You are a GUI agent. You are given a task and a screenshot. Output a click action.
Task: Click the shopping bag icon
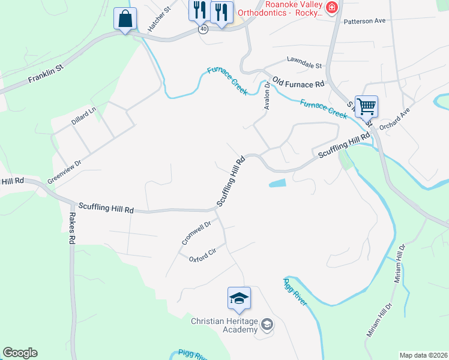pos(125,19)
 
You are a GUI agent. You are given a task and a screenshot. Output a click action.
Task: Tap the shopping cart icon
pos(366,107)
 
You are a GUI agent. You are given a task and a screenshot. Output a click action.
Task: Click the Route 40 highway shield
pos(203,29)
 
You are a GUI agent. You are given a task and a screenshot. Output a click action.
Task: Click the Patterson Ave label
pos(364,21)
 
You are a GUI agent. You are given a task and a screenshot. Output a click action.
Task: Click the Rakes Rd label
pos(71,229)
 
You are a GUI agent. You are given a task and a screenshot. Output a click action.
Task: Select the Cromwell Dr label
pos(197,233)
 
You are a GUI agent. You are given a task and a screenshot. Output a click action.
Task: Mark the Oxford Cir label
pos(202,257)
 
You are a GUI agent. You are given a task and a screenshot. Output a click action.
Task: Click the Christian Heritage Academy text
pos(224,325)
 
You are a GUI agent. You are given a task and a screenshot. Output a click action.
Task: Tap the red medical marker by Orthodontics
pos(331,7)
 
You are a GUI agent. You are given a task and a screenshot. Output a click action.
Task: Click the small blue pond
pos(277,183)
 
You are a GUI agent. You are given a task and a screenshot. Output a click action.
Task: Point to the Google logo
pos(20,353)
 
